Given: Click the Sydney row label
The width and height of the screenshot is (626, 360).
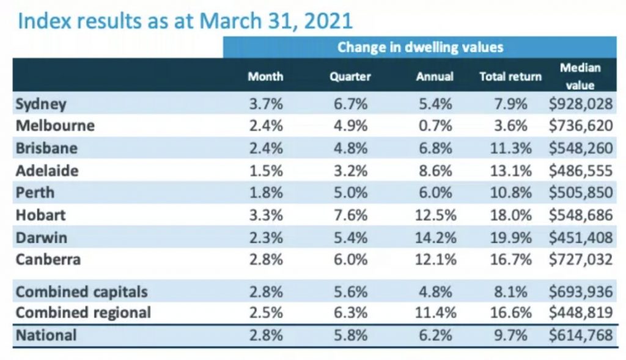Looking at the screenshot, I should coord(41,104).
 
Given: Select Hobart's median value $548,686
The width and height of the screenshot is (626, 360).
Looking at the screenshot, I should coord(581,215).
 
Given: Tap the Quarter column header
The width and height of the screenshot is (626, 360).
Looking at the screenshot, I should coord(350,77).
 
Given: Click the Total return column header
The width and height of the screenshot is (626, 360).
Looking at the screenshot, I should coord(510,77).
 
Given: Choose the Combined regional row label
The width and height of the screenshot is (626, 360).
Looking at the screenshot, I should coord(83,313).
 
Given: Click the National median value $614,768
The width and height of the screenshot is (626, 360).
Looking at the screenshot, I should coord(581,336).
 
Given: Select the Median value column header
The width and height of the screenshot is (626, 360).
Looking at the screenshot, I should coord(580,76).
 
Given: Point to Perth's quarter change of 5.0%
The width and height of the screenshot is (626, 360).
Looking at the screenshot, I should coord(351,193).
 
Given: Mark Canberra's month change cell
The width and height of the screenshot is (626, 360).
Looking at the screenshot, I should coord(266,259).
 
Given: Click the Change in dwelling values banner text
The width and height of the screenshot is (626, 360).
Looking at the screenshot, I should coord(421,47).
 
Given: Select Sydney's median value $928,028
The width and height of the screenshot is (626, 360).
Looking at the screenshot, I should coord(581,104).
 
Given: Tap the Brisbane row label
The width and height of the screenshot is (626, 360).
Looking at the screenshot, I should coord(46,149).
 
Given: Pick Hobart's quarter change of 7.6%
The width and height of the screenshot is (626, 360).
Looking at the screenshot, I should coord(351,215).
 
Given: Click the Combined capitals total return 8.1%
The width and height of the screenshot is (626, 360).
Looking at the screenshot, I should coord(512,291).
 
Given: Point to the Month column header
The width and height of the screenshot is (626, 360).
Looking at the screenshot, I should coord(265,77).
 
